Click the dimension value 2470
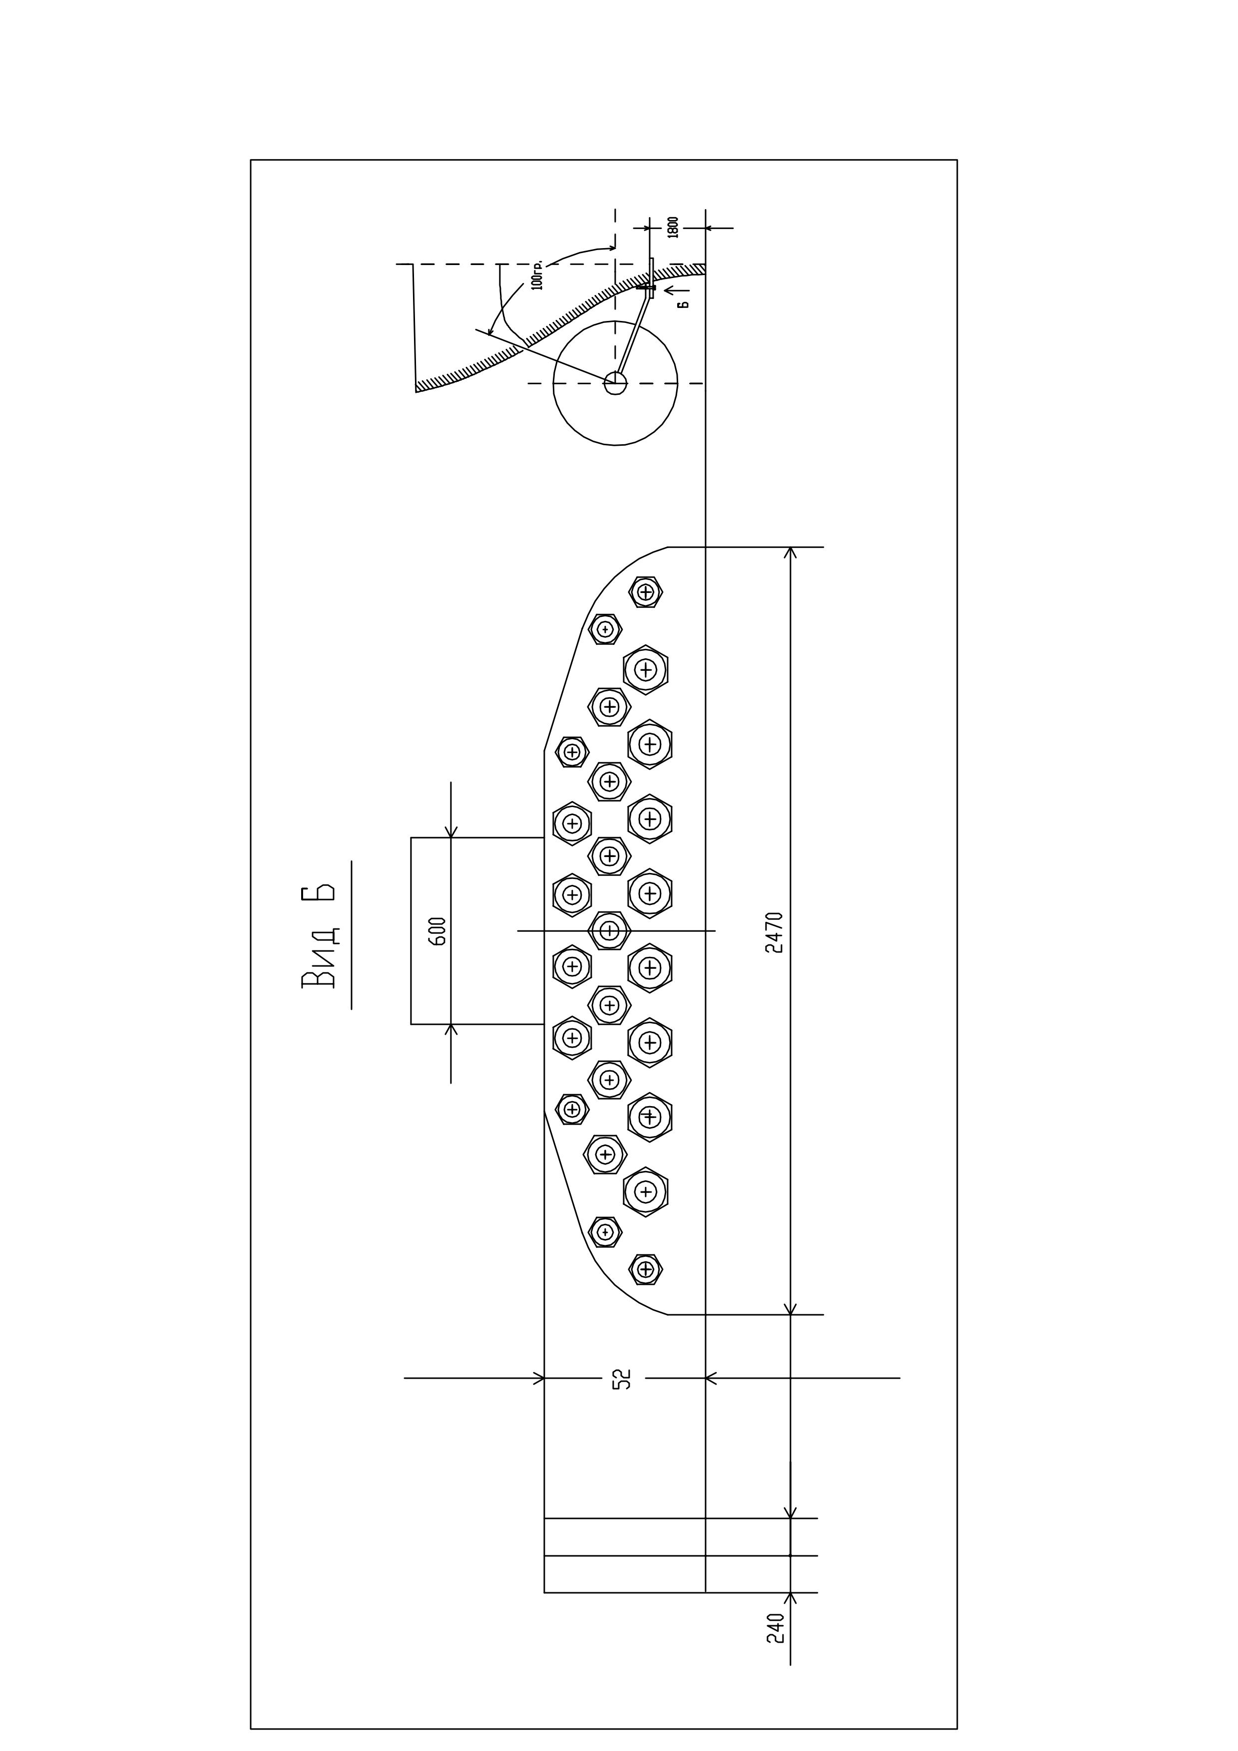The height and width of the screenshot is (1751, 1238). (774, 932)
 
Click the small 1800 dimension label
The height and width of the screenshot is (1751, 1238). (673, 227)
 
